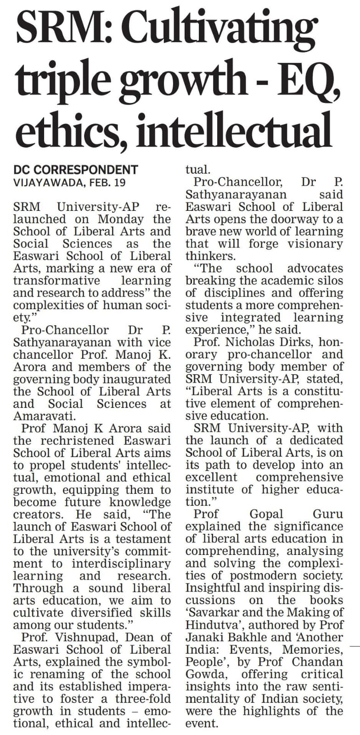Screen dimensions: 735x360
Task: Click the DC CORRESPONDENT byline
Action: coord(76,170)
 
